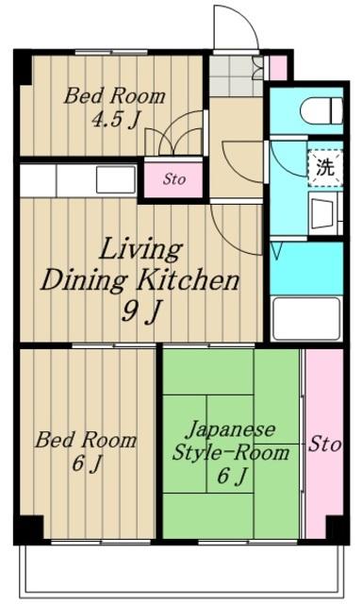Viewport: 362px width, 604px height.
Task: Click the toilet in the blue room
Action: pyautogui.click(x=321, y=111)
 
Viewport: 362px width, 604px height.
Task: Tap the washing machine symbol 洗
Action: pyautogui.click(x=324, y=169)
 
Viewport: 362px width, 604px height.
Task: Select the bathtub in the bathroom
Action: pyautogui.click(x=305, y=318)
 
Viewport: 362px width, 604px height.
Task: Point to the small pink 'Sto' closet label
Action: pyautogui.click(x=173, y=178)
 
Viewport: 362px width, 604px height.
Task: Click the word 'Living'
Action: pyautogui.click(x=141, y=250)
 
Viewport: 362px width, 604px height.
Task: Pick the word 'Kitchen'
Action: pyautogui.click(x=191, y=281)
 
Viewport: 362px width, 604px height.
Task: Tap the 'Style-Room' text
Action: pyautogui.click(x=230, y=452)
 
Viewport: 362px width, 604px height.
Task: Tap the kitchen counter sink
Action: pyautogui.click(x=116, y=179)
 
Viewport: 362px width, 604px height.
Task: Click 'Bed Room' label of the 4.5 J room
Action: pyautogui.click(x=114, y=96)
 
